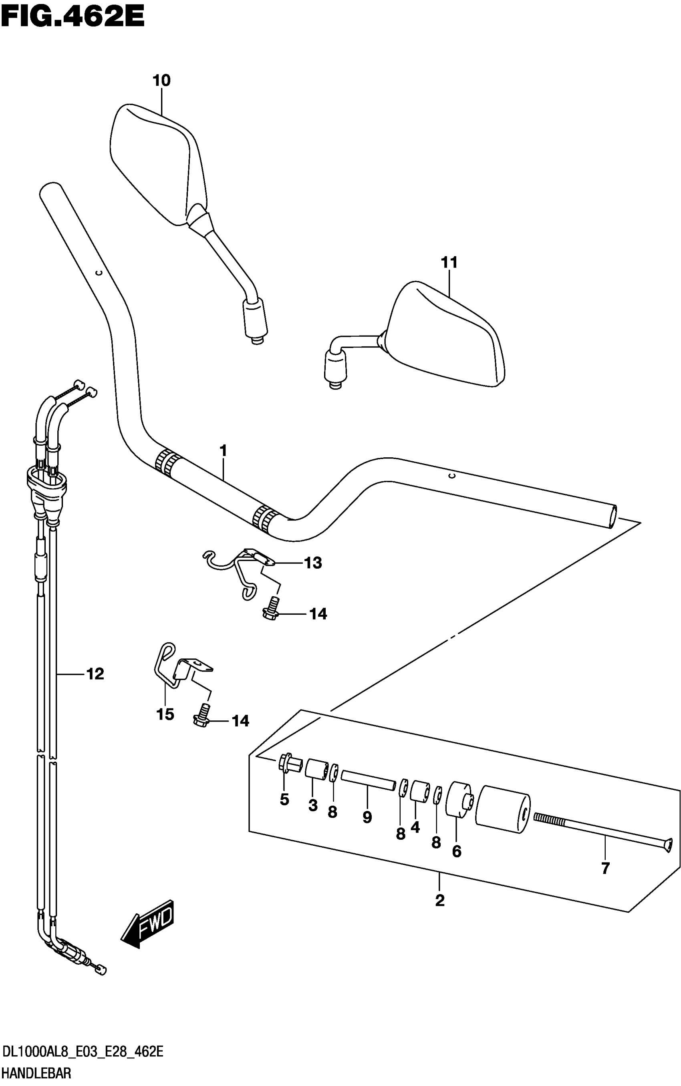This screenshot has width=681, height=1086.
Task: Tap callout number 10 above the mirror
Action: tap(161, 81)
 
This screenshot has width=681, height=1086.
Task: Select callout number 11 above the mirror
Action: tap(449, 263)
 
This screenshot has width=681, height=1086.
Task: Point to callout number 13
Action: tap(313, 563)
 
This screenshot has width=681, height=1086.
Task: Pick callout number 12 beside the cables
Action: tap(95, 674)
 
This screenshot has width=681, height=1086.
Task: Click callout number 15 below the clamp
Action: tap(165, 714)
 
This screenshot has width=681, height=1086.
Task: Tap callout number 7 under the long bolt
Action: tap(605, 868)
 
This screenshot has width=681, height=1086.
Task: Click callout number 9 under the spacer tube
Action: tap(367, 817)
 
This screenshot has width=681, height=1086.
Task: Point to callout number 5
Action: tap(284, 800)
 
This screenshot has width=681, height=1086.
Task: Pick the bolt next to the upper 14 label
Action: tap(271, 608)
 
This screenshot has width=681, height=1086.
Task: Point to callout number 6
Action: tap(456, 851)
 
